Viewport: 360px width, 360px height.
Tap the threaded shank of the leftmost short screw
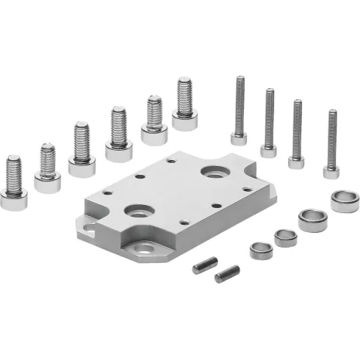tap(13, 172)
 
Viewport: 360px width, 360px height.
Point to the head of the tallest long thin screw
tap(239, 137)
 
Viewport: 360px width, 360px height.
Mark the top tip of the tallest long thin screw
tap(239, 75)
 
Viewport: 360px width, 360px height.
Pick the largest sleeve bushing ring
tap(345, 201)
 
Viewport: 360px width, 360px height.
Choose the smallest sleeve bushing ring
tap(261, 250)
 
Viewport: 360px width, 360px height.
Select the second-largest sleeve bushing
tap(313, 220)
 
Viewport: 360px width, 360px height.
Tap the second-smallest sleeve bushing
tap(285, 237)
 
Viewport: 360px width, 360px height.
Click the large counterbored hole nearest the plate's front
tap(138, 212)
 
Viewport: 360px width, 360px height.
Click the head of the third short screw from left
tap(82, 166)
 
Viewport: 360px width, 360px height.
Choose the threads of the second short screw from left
tap(48, 159)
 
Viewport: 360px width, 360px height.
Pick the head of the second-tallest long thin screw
tap(268, 151)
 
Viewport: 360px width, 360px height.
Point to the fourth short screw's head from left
tap(118, 151)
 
